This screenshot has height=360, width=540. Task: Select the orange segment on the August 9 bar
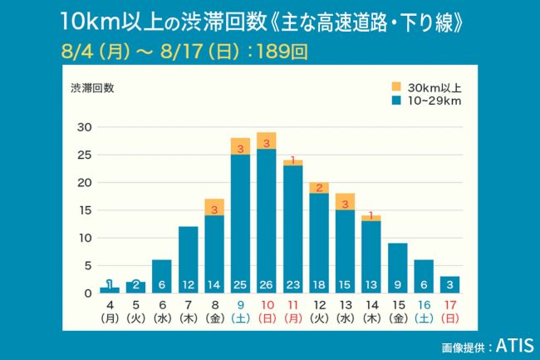point(240,146)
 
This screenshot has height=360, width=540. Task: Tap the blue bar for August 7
point(189,259)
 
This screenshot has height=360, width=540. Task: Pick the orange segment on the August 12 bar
point(319,188)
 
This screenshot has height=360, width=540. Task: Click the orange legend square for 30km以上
point(396,86)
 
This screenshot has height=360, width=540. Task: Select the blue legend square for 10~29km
point(396,100)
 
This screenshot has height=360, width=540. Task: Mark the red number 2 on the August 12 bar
point(319,188)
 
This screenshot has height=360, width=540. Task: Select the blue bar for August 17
point(449,284)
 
